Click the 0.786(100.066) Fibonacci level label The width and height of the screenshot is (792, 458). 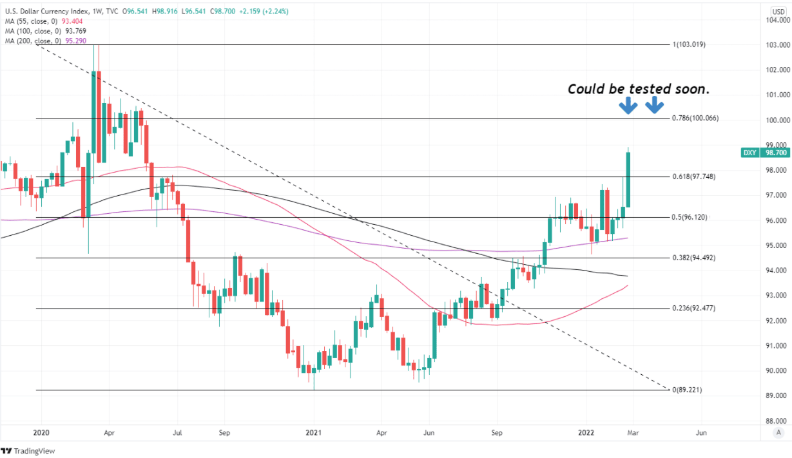click(695, 119)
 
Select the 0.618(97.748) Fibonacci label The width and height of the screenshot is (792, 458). click(693, 177)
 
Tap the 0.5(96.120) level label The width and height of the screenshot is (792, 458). click(690, 218)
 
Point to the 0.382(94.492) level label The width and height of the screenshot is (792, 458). click(693, 258)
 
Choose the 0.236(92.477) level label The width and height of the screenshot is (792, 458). click(693, 309)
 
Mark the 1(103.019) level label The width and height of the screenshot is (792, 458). click(689, 45)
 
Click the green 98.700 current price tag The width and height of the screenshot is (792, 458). click(775, 153)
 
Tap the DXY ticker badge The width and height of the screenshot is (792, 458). click(749, 153)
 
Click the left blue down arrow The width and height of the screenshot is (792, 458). click(626, 106)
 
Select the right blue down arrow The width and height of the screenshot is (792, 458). click(654, 106)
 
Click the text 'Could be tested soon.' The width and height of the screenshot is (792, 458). click(638, 89)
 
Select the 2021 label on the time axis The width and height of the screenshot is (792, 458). click(313, 433)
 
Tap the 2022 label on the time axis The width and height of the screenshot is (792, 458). click(585, 433)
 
